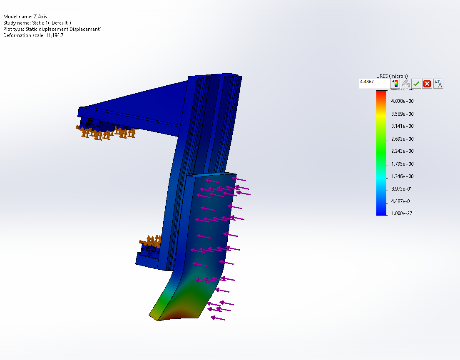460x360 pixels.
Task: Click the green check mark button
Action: [x=416, y=84]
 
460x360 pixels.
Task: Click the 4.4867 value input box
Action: [x=374, y=83]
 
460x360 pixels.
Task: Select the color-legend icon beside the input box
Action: [x=395, y=83]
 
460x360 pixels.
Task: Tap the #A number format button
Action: [x=438, y=84]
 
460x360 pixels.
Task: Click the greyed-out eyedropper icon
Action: [x=405, y=83]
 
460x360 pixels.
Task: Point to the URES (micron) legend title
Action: [x=392, y=76]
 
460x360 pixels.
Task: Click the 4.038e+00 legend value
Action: [x=402, y=101]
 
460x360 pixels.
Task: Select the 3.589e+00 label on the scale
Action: [x=402, y=114]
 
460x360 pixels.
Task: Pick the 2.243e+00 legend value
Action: [x=402, y=151]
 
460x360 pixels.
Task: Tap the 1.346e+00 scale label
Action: [x=402, y=176]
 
